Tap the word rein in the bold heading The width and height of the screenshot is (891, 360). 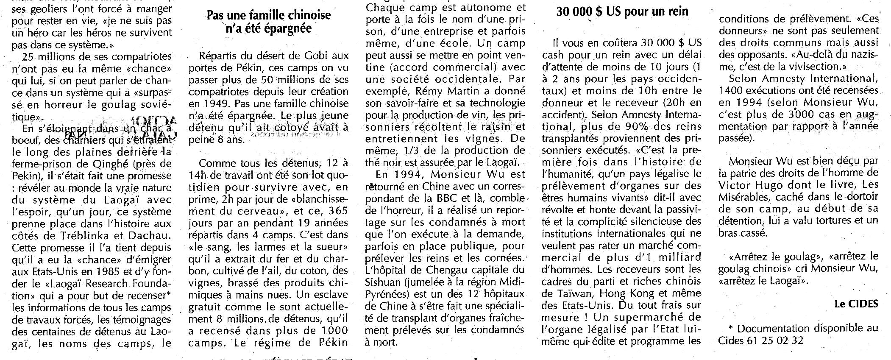point(676,11)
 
